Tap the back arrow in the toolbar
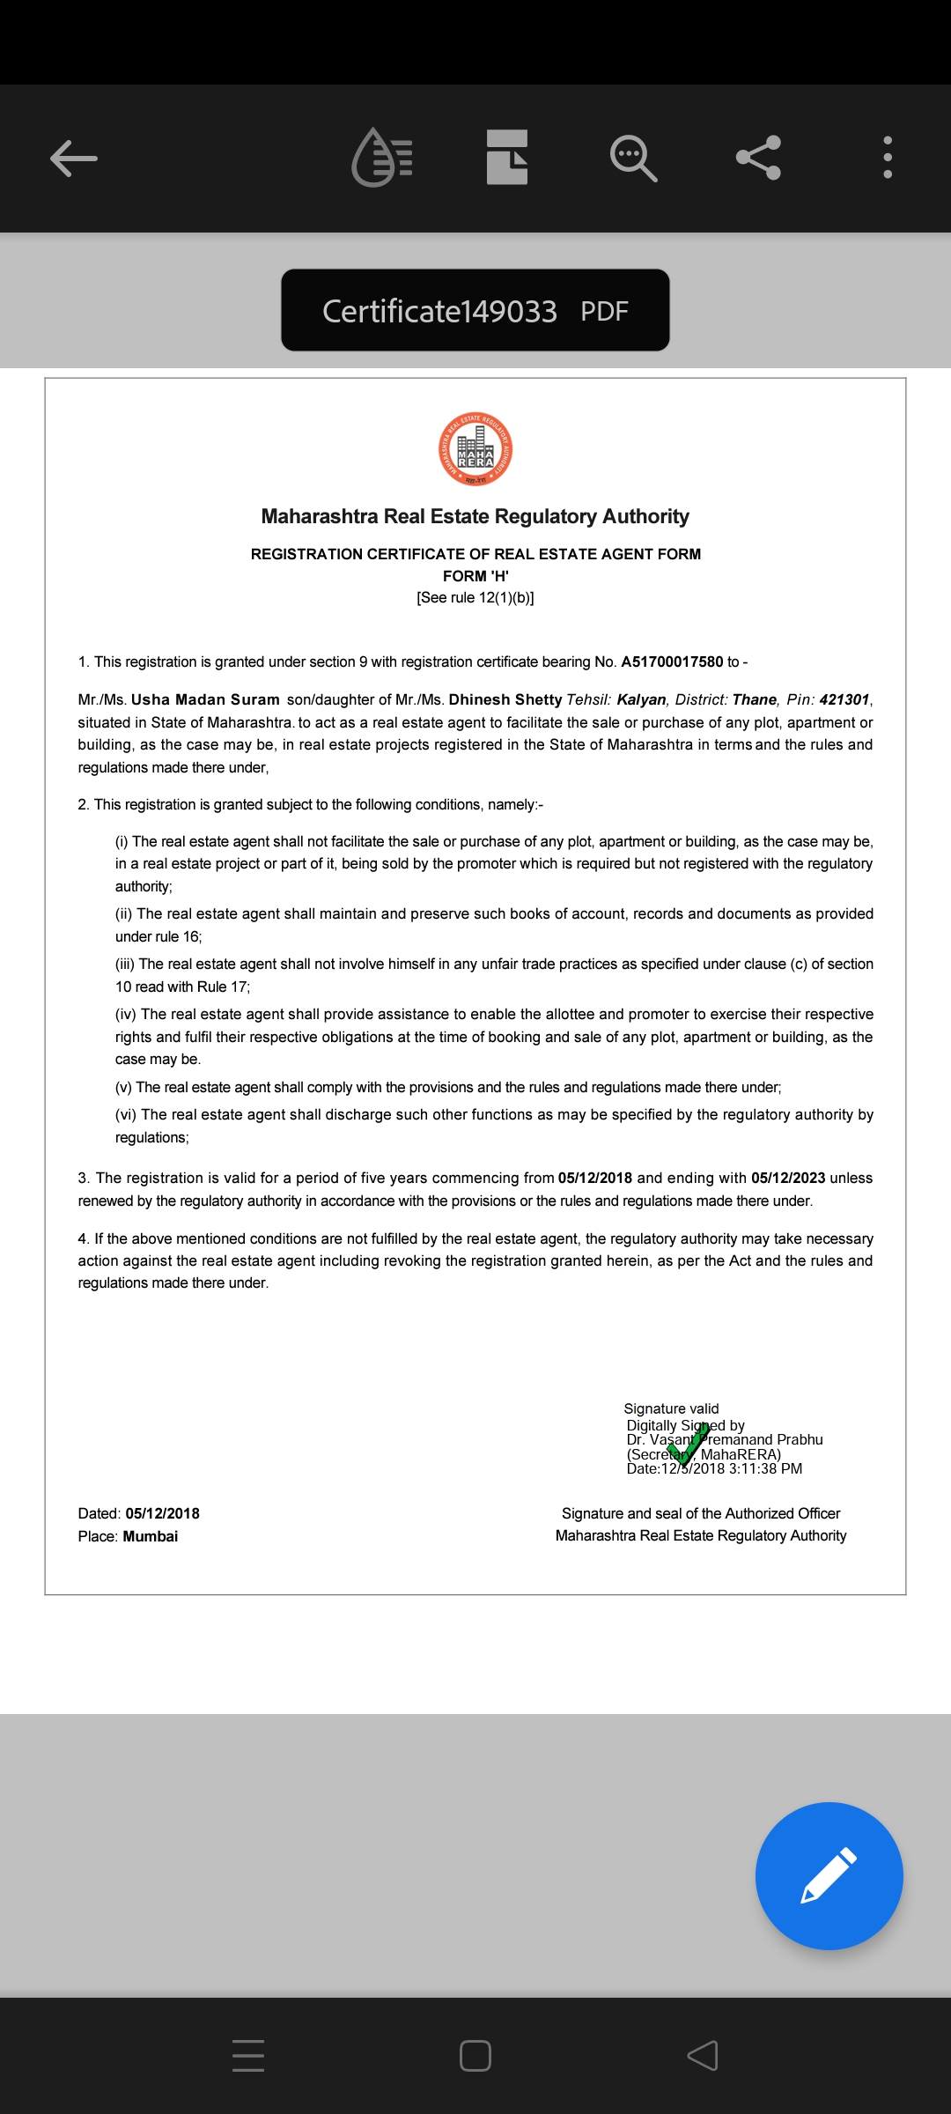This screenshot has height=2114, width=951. [74, 159]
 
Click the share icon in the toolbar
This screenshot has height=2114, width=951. [758, 158]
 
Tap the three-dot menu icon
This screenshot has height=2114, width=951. [888, 158]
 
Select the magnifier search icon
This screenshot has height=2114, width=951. [633, 159]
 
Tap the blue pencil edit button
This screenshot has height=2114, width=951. [829, 1875]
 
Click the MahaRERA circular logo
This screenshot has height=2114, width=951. [475, 449]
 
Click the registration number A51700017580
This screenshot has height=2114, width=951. [672, 662]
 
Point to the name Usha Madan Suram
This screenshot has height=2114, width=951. [205, 699]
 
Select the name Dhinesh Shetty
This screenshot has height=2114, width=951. [505, 699]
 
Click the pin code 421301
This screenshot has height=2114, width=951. [844, 699]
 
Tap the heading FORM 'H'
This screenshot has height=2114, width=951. [475, 576]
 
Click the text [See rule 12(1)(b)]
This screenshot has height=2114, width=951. [475, 597]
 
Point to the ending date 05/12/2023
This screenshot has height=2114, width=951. [788, 1178]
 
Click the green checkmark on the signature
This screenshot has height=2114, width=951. [688, 1444]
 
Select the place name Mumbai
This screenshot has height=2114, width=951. [151, 1536]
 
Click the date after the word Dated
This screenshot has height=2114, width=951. [162, 1513]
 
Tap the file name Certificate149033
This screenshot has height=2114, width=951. [439, 311]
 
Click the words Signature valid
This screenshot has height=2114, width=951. [671, 1408]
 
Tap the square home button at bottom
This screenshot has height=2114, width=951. [475, 2056]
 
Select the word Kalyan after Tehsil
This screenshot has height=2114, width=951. [641, 699]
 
